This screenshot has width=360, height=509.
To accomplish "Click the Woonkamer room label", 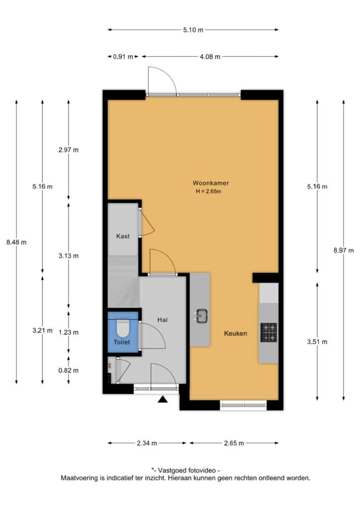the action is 211,183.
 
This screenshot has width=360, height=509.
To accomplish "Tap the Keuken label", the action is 235,334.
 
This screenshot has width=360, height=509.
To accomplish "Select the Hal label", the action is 162,320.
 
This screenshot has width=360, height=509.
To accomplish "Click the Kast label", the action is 123,236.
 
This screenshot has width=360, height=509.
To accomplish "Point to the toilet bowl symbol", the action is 123,328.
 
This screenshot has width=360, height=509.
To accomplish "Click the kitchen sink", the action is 201,316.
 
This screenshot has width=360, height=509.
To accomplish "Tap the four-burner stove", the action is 269,333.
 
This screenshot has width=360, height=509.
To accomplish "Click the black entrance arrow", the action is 163,399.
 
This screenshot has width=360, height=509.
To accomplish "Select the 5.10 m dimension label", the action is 193,30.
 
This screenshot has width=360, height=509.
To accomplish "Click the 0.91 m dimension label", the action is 123,57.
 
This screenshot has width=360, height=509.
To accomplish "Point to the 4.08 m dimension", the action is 210,57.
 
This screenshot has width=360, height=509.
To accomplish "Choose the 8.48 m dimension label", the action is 16,242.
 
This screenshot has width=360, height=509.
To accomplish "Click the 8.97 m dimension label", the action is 344,251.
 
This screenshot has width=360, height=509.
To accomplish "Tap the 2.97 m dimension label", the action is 69,150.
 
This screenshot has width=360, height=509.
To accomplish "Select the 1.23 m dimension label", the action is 69,333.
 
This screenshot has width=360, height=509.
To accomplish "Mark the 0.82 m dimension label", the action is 69,370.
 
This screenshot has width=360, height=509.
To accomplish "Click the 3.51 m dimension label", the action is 317,341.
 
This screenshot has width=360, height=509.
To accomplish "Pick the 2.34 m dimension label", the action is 147,443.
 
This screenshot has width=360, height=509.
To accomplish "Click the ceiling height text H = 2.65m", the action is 208,191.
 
